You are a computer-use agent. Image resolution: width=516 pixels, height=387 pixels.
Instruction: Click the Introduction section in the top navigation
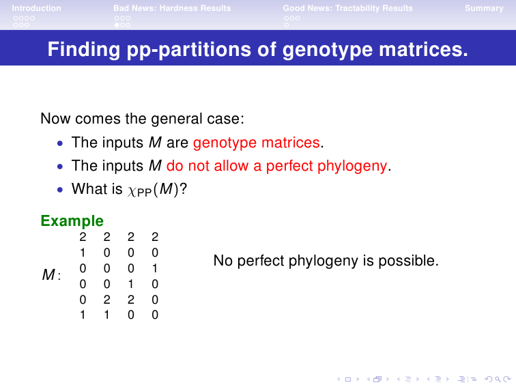click(36, 8)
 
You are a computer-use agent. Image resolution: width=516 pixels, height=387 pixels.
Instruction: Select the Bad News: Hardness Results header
click(172, 8)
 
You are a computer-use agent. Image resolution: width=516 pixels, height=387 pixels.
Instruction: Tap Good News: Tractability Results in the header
click(348, 8)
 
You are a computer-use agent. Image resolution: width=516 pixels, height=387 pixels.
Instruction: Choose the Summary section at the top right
click(484, 8)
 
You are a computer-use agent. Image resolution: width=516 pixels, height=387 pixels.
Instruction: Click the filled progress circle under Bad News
click(117, 25)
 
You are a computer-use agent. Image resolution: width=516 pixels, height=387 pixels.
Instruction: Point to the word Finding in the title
click(83, 49)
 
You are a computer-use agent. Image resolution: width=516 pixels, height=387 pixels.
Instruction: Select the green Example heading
click(72, 221)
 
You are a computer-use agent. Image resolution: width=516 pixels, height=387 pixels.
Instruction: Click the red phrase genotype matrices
click(257, 143)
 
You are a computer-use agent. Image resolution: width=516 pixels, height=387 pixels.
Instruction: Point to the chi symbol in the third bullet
click(132, 191)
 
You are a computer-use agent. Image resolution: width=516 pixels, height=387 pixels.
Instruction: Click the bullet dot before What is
click(59, 190)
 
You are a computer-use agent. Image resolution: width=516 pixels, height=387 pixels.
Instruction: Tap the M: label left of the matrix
click(51, 274)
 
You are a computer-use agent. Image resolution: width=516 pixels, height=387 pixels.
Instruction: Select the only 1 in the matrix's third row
click(155, 268)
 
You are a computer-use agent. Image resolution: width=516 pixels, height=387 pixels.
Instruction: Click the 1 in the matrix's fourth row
click(130, 284)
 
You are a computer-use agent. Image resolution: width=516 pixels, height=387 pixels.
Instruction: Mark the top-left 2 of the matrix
click(83, 237)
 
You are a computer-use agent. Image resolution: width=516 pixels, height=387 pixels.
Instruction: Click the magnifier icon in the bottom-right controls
click(498, 379)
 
